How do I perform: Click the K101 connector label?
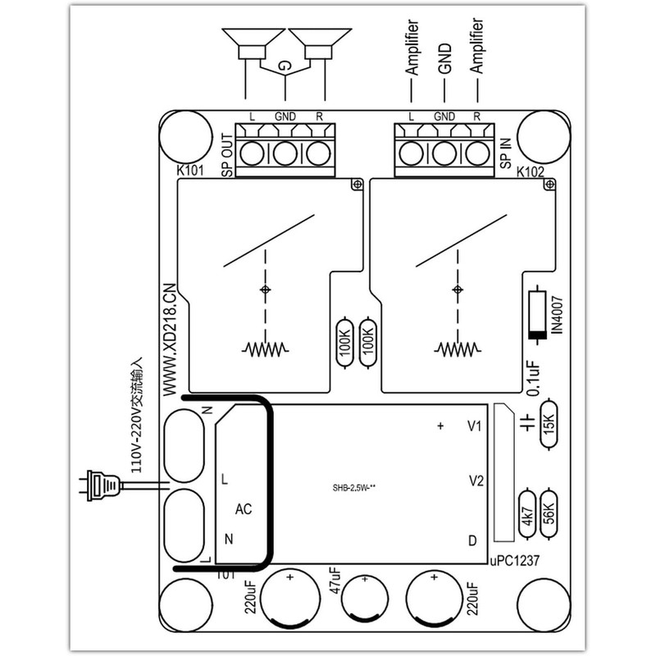(191, 172)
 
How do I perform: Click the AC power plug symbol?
(98, 489)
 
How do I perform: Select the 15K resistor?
(550, 425)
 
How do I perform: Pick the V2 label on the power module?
(474, 480)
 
